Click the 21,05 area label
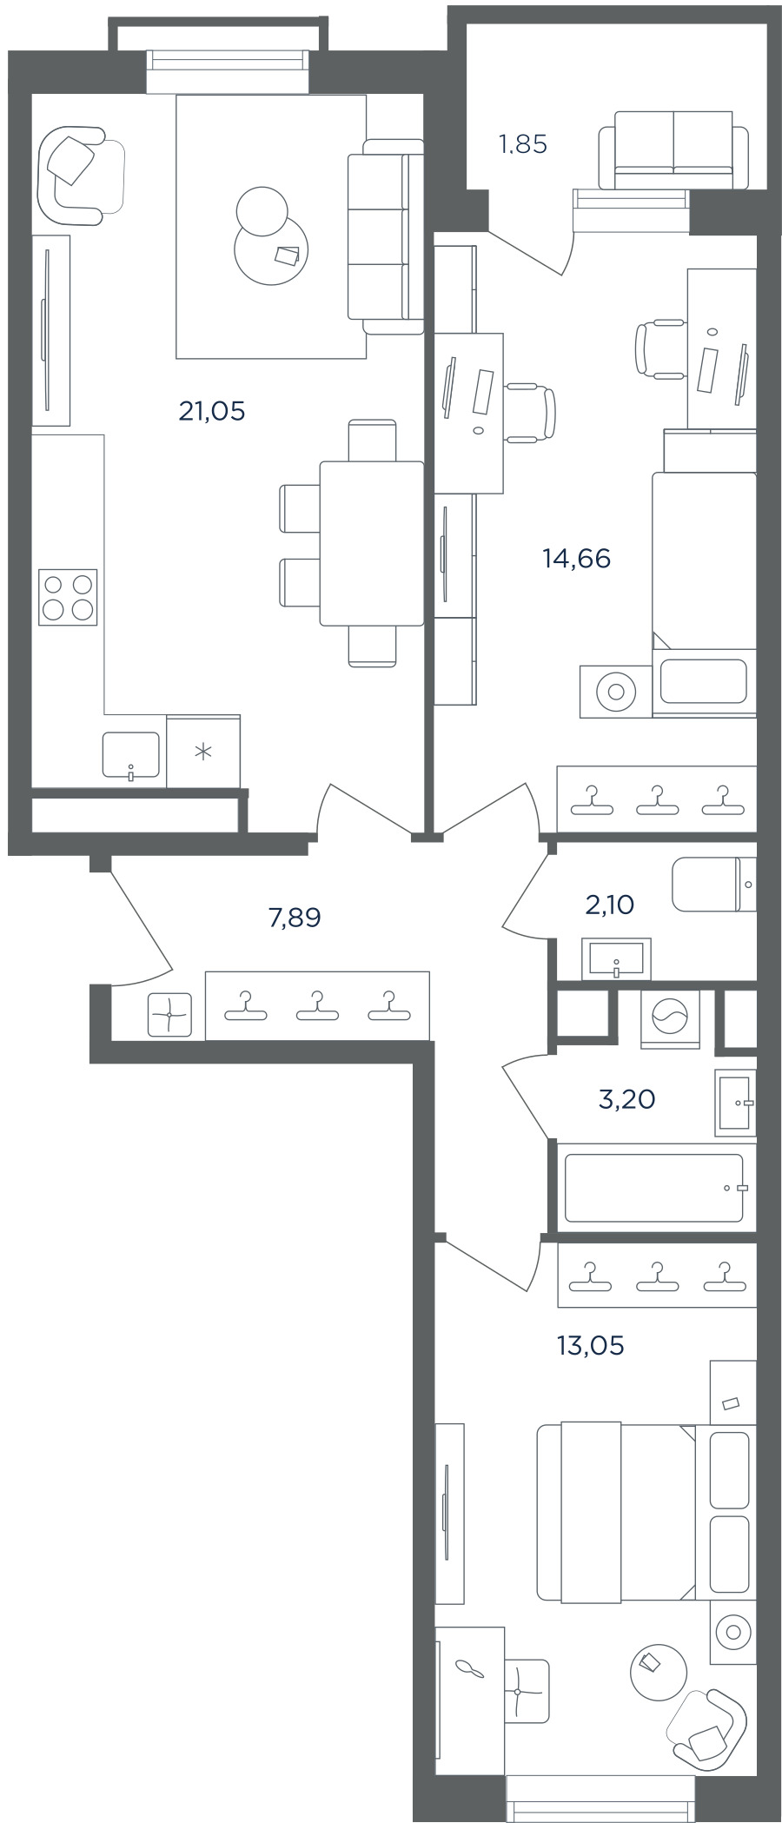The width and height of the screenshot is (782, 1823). (x=212, y=411)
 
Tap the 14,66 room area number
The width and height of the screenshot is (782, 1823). (x=576, y=559)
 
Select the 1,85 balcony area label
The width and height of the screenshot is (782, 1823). (x=523, y=144)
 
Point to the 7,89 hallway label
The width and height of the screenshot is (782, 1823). (x=295, y=918)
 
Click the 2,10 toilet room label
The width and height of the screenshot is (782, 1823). (x=610, y=905)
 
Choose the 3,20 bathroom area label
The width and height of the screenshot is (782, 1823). (x=627, y=1100)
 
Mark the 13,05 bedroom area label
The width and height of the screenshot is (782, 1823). (x=591, y=1346)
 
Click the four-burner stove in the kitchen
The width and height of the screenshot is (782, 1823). (x=68, y=597)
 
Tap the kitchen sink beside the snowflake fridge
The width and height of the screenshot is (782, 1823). (x=131, y=754)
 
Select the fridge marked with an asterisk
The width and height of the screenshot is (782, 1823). (x=203, y=752)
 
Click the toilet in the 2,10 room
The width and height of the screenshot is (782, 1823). (x=714, y=885)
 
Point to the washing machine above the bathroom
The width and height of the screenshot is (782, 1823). (x=669, y=1018)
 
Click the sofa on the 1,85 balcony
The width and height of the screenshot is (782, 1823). (x=673, y=149)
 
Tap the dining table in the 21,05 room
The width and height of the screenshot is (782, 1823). (x=371, y=543)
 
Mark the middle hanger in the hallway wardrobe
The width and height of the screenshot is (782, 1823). (x=317, y=1006)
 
